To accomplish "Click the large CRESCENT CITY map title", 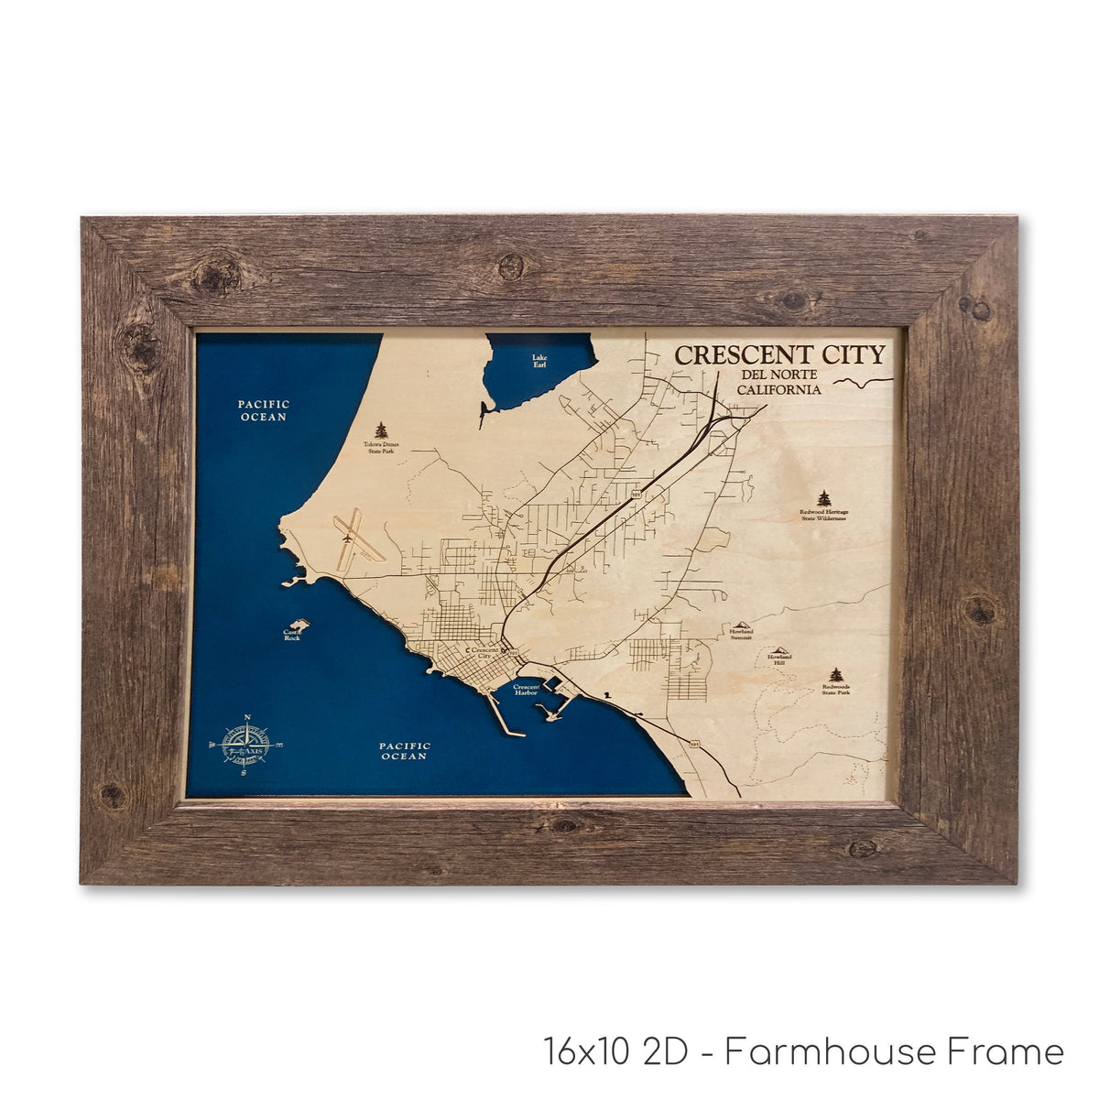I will [x=779, y=354].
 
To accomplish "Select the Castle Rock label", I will [x=292, y=634].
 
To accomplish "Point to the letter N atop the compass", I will [x=245, y=717].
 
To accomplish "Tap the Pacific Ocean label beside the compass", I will [x=405, y=752].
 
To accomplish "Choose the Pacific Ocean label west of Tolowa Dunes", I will [x=264, y=410].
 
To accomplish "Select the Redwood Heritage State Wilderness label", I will [x=823, y=515].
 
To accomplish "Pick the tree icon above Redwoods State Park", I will [x=835, y=675].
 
